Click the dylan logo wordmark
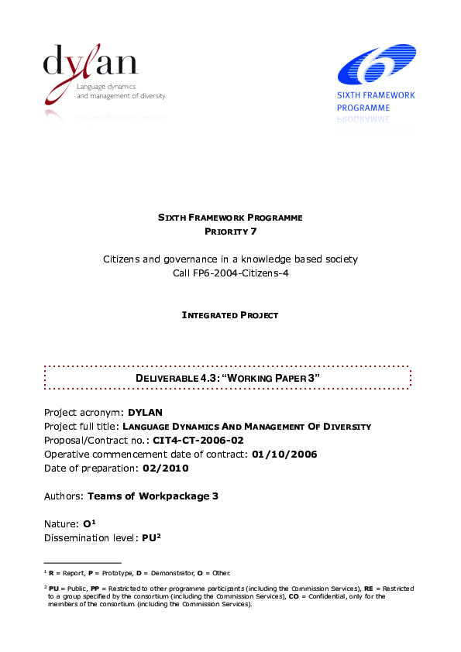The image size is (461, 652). (91, 63)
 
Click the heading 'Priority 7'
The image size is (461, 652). (230, 232)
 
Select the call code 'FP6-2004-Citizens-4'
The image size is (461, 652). (230, 273)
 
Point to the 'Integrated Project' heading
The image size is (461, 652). (230, 315)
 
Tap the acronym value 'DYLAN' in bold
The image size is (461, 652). (145, 411)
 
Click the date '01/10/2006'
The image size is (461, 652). (284, 454)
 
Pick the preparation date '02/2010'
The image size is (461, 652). (165, 468)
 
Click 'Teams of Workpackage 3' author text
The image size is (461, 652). (153, 496)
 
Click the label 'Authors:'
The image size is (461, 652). (64, 496)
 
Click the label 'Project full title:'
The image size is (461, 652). (81, 426)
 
